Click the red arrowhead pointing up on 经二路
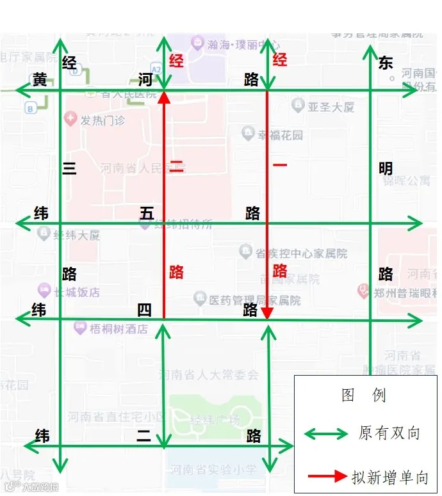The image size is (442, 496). [x=164, y=97]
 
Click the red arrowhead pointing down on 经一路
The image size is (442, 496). [x=268, y=312]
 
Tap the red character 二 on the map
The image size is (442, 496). [x=176, y=168]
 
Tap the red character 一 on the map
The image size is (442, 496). [x=279, y=165]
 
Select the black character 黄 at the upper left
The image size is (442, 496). [x=40, y=79]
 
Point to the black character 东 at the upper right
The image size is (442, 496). [x=385, y=62]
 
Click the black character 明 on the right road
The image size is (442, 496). [x=385, y=168]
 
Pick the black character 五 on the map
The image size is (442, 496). [x=147, y=213]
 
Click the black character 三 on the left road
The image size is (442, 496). [x=69, y=168]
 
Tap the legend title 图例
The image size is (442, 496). [x=364, y=395]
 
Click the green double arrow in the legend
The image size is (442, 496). [x=326, y=434]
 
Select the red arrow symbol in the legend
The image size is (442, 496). [x=327, y=476]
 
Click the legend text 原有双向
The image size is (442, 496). [x=389, y=433]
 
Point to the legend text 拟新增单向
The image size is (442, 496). [x=389, y=477]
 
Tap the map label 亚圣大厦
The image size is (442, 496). [x=330, y=107]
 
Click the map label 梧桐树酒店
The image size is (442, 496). [x=118, y=329]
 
